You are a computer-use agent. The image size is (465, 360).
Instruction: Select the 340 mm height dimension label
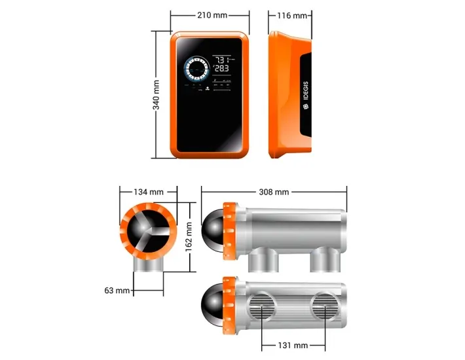[x=157, y=95]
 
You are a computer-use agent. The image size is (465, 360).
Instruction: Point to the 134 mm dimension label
[x=148, y=192]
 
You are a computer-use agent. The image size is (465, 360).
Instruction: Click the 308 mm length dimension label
[x=274, y=192]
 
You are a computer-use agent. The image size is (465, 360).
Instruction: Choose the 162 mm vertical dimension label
[x=189, y=236]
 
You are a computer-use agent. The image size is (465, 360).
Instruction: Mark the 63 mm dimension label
[x=118, y=290]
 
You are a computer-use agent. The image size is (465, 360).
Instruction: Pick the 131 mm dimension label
[x=293, y=345]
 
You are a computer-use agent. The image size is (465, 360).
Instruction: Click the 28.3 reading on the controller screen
[x=223, y=68]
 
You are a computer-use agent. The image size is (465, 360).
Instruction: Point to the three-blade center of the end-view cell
[x=148, y=232]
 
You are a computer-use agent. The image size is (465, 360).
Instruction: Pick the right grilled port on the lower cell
[x=324, y=307]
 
